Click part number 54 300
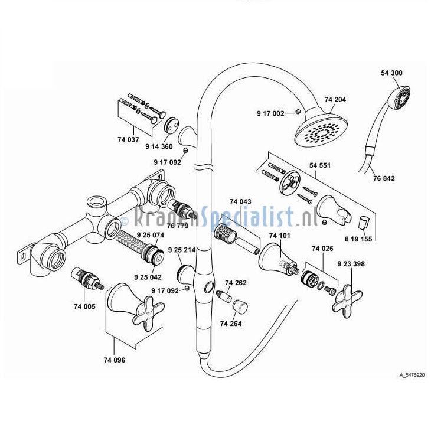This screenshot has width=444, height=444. pyautogui.click(x=391, y=73)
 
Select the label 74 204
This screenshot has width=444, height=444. pyautogui.click(x=335, y=100)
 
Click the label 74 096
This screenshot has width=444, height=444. pyautogui.click(x=114, y=360)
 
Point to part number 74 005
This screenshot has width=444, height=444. pyautogui.click(x=85, y=306)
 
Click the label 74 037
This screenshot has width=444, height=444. pyautogui.click(x=129, y=139)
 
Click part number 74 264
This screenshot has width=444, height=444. pyautogui.click(x=231, y=323)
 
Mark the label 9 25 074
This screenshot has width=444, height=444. pyautogui.click(x=149, y=234)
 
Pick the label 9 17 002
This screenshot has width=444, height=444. pyautogui.click(x=270, y=113)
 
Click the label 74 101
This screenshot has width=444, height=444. pyautogui.click(x=280, y=236)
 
